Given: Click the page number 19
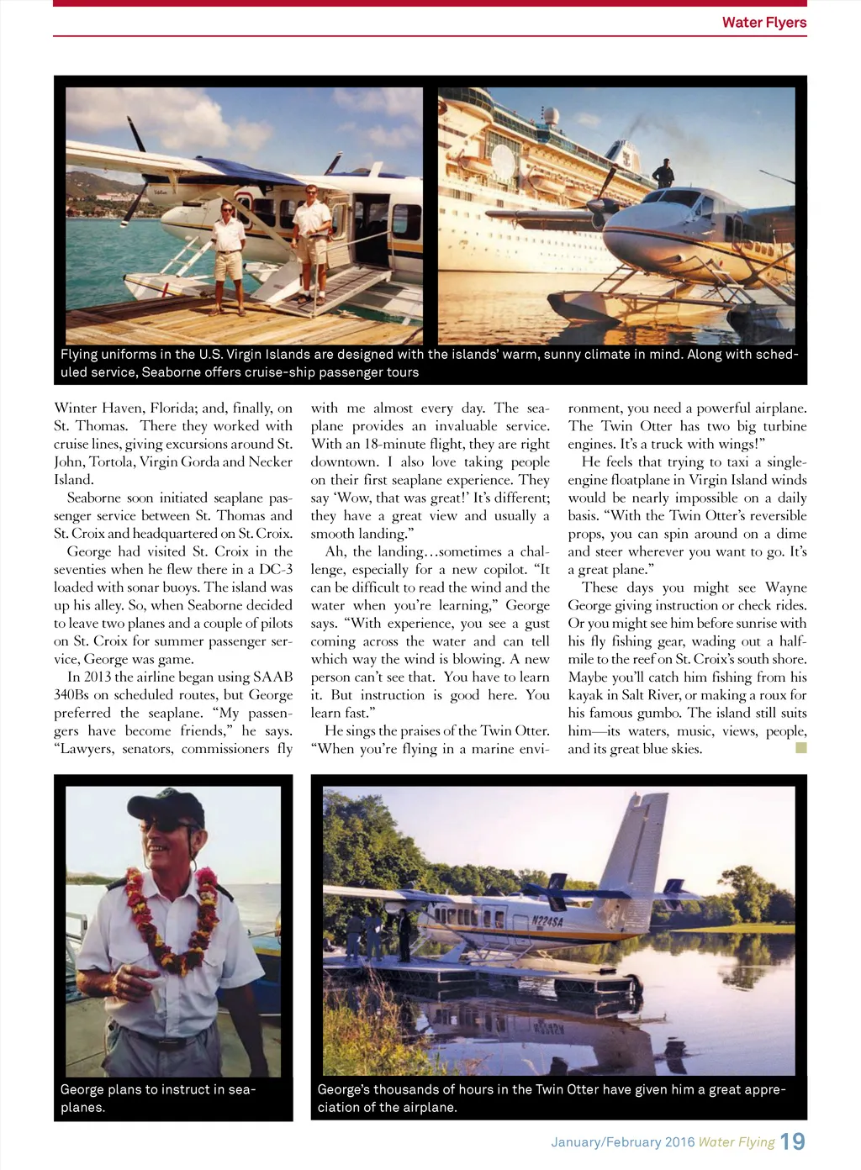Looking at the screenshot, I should point(792,1141).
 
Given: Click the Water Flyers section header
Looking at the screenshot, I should point(763,23).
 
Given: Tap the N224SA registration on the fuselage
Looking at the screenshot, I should point(547,920).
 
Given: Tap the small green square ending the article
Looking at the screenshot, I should point(800,747).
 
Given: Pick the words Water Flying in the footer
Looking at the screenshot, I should point(737,1141).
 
